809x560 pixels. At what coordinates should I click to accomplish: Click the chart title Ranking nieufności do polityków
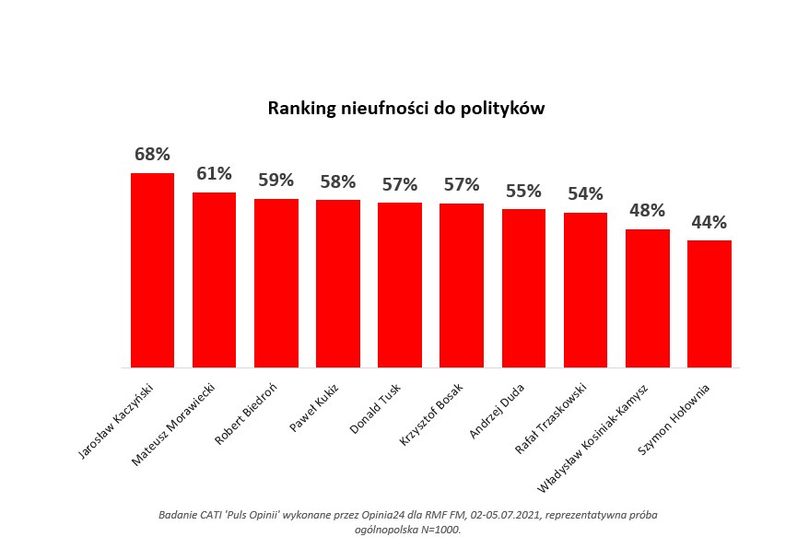click(x=406, y=109)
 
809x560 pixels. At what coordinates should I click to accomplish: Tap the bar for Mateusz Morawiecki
click(x=214, y=280)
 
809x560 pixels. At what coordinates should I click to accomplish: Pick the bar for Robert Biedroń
click(x=276, y=283)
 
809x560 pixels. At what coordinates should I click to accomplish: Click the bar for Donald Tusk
click(x=399, y=285)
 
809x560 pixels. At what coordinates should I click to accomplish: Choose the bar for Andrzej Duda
click(x=523, y=287)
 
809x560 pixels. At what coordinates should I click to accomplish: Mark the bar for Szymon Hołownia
click(x=709, y=304)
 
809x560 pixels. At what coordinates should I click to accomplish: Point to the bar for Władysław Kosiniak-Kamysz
click(x=647, y=298)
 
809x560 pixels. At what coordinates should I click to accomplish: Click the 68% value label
click(x=152, y=155)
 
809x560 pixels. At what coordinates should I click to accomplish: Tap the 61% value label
click(x=214, y=173)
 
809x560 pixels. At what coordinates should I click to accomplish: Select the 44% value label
click(x=709, y=222)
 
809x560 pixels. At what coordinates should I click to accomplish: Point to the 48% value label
click(x=647, y=210)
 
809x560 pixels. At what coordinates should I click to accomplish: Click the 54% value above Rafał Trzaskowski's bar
click(x=585, y=193)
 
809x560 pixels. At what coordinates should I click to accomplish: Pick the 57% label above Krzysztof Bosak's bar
click(x=462, y=184)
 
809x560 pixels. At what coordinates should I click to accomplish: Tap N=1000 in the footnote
click(x=438, y=530)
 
